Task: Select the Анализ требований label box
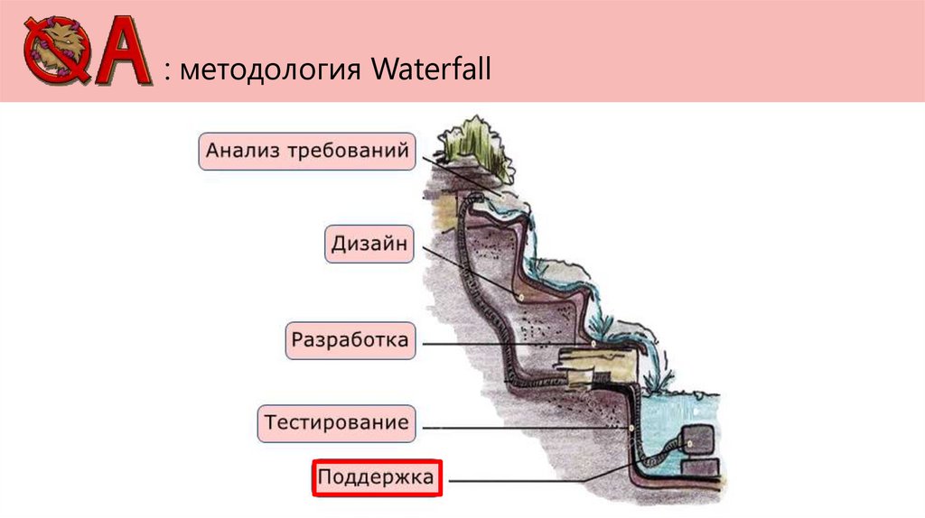(307, 151)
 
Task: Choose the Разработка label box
(350, 342)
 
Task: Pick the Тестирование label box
(336, 422)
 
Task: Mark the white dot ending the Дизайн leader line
(520, 299)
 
